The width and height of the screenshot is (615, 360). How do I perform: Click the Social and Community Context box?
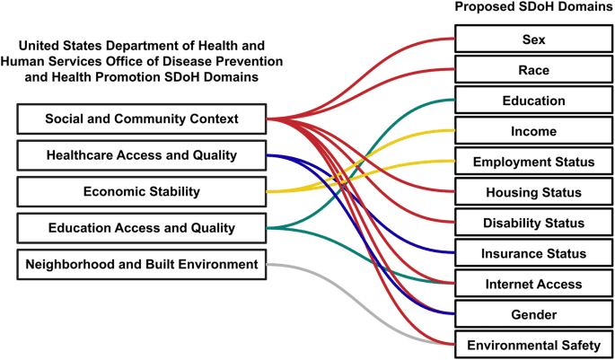coord(141,119)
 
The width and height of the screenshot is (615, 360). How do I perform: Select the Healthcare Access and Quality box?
coord(141,155)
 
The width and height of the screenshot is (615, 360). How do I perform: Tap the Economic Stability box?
coord(141,191)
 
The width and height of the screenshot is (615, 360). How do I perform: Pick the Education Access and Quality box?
coord(141,228)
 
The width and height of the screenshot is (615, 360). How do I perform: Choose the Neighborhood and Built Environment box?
coord(141,264)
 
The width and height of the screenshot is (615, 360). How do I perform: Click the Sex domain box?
coord(533,40)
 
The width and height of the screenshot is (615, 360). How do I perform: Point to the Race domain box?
coord(533,70)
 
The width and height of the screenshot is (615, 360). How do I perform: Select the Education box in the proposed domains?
coord(533,101)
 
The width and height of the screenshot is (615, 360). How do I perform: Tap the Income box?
coord(533,131)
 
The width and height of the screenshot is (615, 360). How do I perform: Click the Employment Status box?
coord(533,162)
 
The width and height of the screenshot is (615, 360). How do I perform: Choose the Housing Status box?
coord(533,192)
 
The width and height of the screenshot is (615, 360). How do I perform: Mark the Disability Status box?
coord(533,223)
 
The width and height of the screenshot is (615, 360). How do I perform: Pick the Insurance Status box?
coord(533,253)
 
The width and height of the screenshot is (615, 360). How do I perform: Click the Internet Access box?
coord(533,284)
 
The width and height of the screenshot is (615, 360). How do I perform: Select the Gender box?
coord(533,314)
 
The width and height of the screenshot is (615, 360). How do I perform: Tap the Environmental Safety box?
coord(533,345)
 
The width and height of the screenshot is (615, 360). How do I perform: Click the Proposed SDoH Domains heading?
coord(533,8)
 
